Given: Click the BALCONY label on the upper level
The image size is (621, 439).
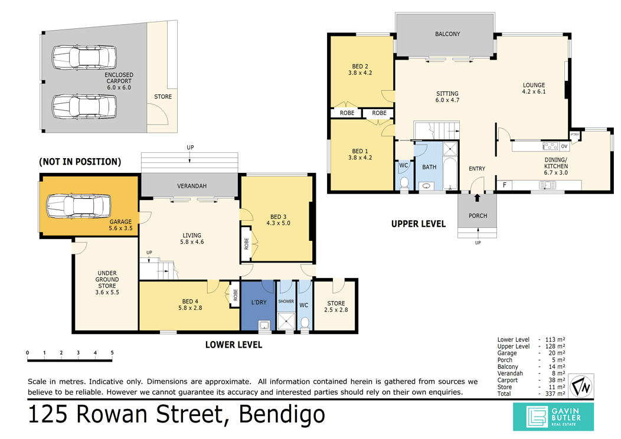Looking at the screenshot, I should (x=447, y=34).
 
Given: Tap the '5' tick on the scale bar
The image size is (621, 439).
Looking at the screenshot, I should (x=112, y=353).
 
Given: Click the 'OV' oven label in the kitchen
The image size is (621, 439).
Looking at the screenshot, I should (x=564, y=146).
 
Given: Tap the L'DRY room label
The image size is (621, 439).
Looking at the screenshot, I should (x=259, y=303).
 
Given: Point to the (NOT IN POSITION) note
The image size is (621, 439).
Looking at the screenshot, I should (x=80, y=161).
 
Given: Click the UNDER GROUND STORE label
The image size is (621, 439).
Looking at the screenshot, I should (x=107, y=283).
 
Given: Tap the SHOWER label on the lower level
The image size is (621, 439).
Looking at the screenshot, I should (x=286, y=302).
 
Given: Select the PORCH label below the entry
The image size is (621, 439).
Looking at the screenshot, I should (x=478, y=216).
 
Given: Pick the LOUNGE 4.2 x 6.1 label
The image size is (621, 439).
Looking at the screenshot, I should (x=533, y=88).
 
